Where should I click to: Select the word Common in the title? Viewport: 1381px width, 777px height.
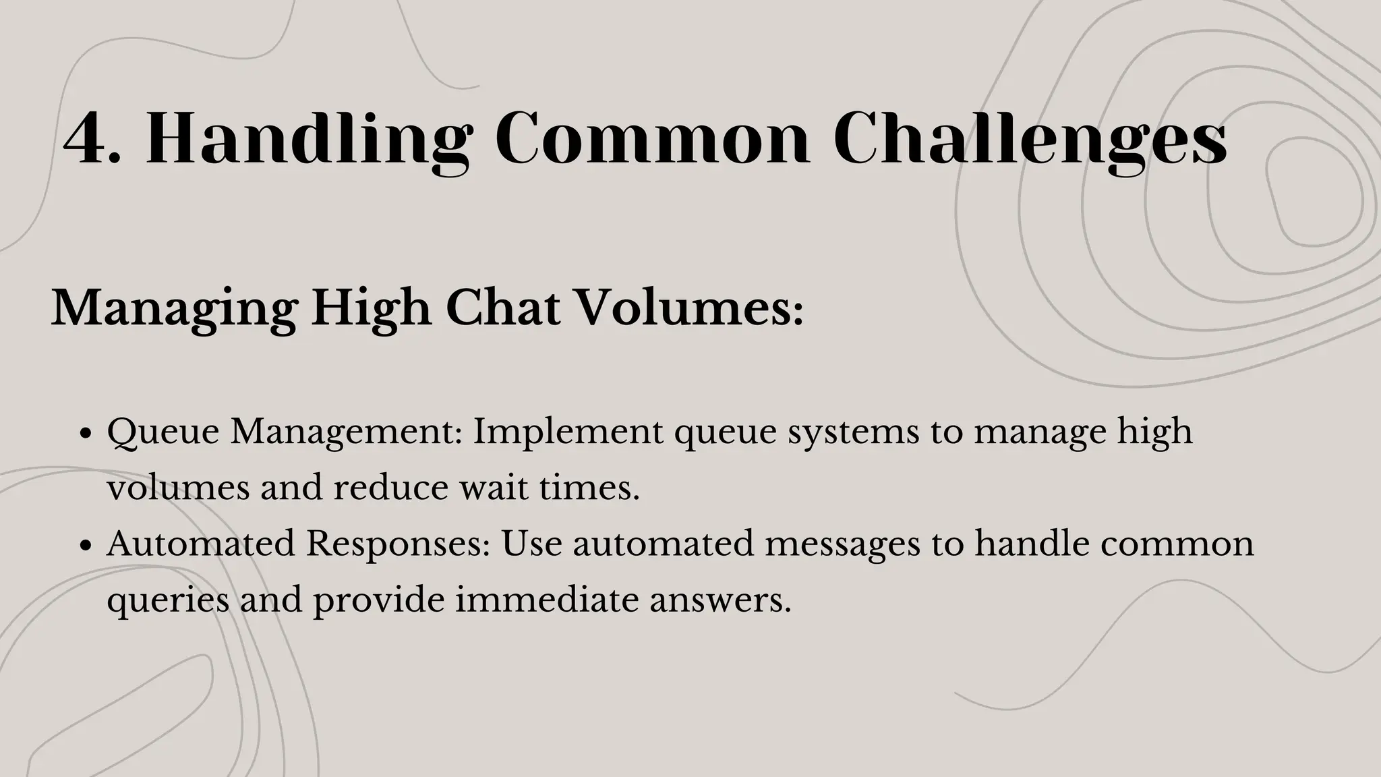651,139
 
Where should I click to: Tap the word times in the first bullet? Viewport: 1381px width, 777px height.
589,488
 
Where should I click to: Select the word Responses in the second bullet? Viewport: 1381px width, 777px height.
398,544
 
